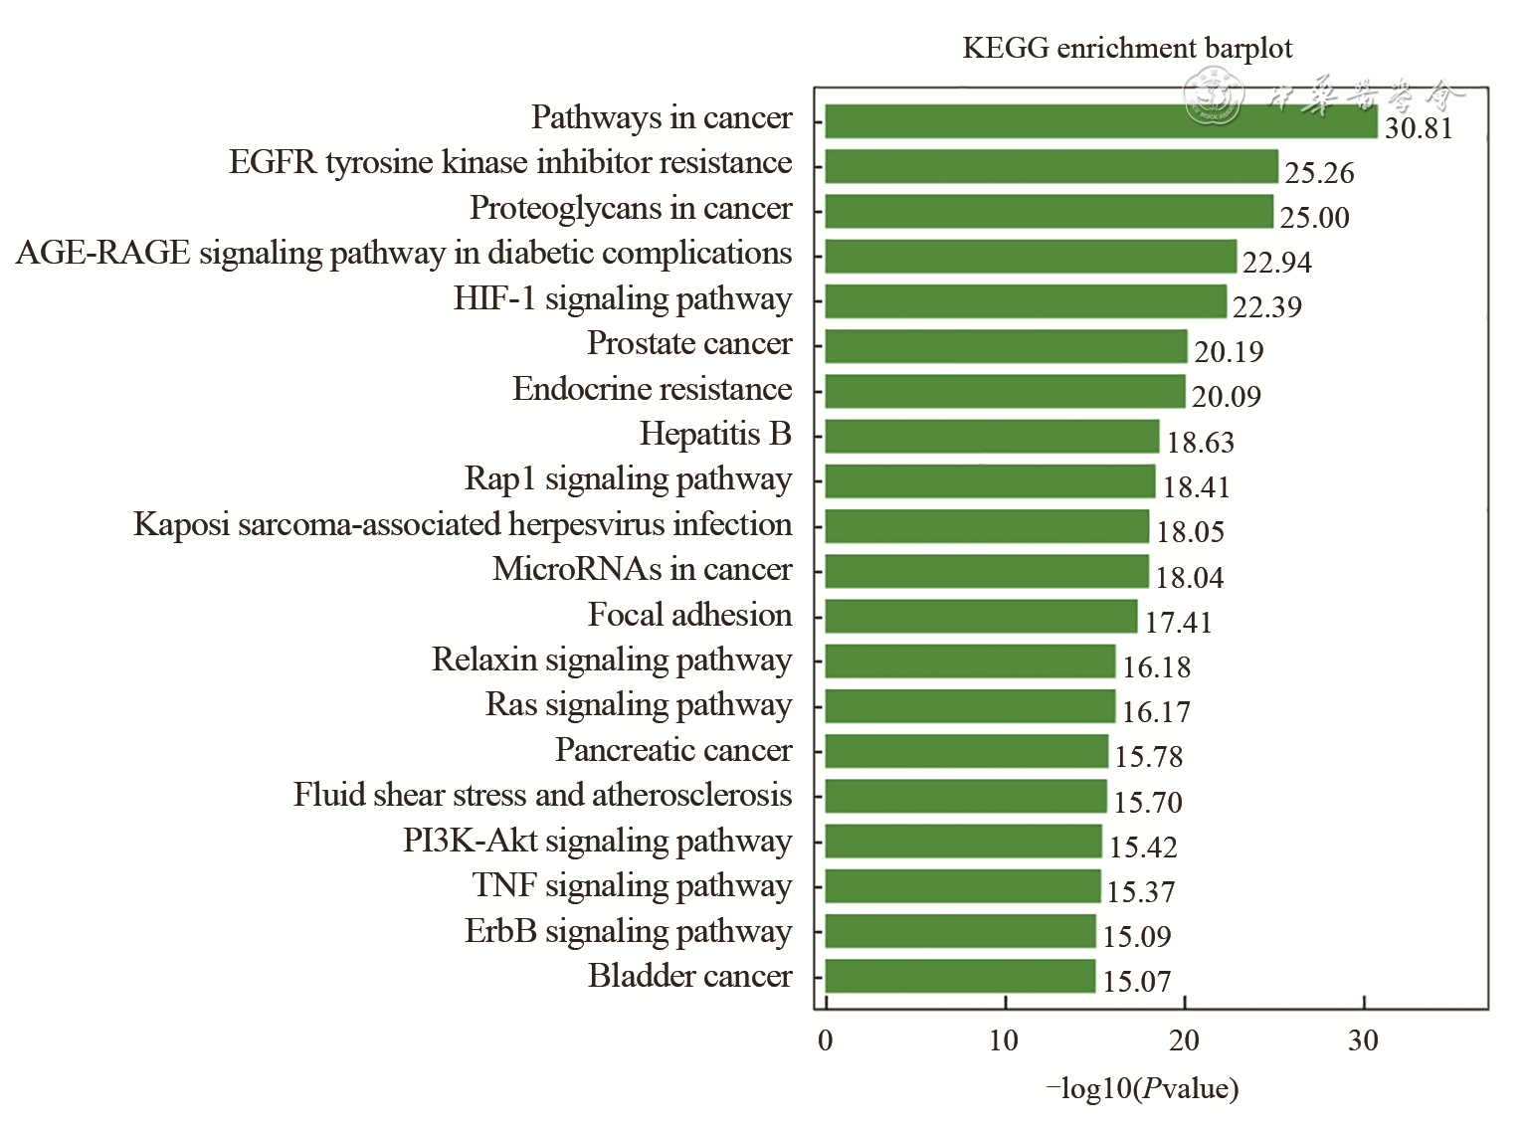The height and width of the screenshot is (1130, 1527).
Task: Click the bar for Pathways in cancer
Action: pos(1100,121)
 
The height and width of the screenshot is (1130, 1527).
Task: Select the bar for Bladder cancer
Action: pos(960,976)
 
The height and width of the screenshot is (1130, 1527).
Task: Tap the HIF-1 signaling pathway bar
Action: pos(1026,301)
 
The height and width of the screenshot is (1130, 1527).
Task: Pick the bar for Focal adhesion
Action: pos(981,617)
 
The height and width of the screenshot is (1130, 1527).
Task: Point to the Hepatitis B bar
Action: pos(992,437)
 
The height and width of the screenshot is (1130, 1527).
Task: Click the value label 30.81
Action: pos(1419,128)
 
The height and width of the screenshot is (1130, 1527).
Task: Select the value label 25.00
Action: pos(1314,218)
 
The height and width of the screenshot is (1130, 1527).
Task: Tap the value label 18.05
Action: pos(1190,532)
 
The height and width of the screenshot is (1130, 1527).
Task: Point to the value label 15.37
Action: pos(1141,892)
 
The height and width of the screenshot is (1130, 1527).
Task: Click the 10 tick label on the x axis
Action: pos(1004,1040)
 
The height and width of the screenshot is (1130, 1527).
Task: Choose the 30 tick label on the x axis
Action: pos(1363,1040)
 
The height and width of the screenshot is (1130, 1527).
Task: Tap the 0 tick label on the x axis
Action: pos(825,1040)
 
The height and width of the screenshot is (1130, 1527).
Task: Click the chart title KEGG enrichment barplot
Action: pos(1127,48)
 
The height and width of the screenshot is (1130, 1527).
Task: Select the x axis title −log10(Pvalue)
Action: pos(1142,1088)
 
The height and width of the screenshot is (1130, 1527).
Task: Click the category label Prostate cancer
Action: pos(689,343)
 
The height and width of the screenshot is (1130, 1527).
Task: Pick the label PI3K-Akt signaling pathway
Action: pos(597,841)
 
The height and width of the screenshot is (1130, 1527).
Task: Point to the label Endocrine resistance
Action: pos(652,389)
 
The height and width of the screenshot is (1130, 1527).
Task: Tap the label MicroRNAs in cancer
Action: pos(642,569)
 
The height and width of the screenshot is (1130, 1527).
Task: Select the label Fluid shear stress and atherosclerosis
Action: pos(542,795)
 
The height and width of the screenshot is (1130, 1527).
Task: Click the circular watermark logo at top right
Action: pos(1213,96)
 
